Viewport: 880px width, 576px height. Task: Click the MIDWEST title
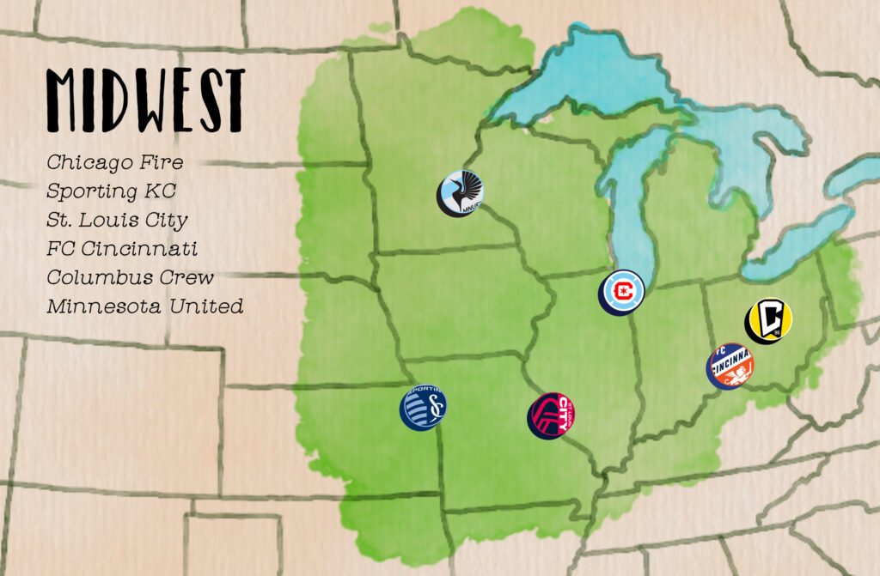click(145, 100)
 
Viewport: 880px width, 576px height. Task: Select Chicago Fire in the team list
click(114, 162)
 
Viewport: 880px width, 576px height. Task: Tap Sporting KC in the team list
click(111, 191)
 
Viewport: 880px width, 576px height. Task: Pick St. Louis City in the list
click(117, 220)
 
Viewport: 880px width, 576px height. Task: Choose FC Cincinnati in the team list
click(122, 249)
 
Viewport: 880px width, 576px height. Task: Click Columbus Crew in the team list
click(131, 277)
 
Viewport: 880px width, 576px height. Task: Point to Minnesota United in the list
click(144, 306)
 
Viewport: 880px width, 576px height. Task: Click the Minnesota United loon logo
click(460, 193)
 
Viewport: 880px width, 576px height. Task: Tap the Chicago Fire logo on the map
click(621, 292)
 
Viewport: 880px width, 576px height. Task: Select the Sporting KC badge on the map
click(423, 407)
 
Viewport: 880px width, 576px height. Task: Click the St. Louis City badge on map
click(551, 416)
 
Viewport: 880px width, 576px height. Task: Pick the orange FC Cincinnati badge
click(730, 366)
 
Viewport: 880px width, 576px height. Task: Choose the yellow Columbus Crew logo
click(767, 320)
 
